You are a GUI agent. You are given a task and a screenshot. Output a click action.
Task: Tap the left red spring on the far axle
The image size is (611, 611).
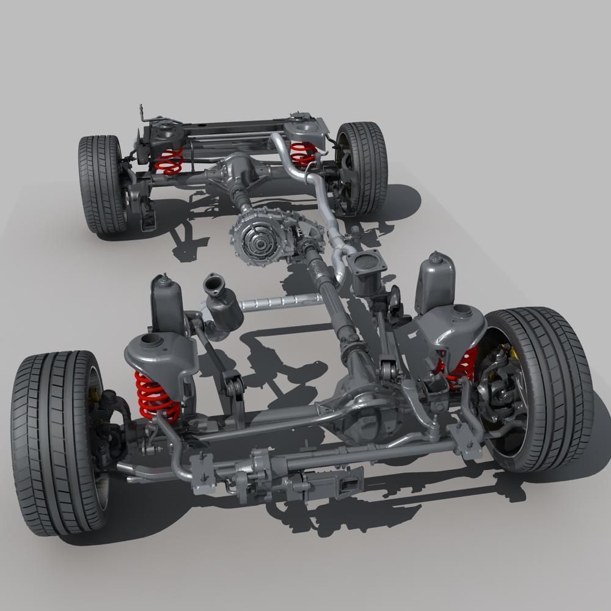pyautogui.click(x=169, y=161)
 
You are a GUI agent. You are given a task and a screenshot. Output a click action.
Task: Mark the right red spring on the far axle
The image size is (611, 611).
pyautogui.click(x=302, y=153)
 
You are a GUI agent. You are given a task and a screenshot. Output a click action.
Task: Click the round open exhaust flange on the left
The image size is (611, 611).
pyautogui.click(x=214, y=284)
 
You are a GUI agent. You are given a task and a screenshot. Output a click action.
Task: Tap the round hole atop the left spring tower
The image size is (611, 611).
pyautogui.click(x=150, y=340)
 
